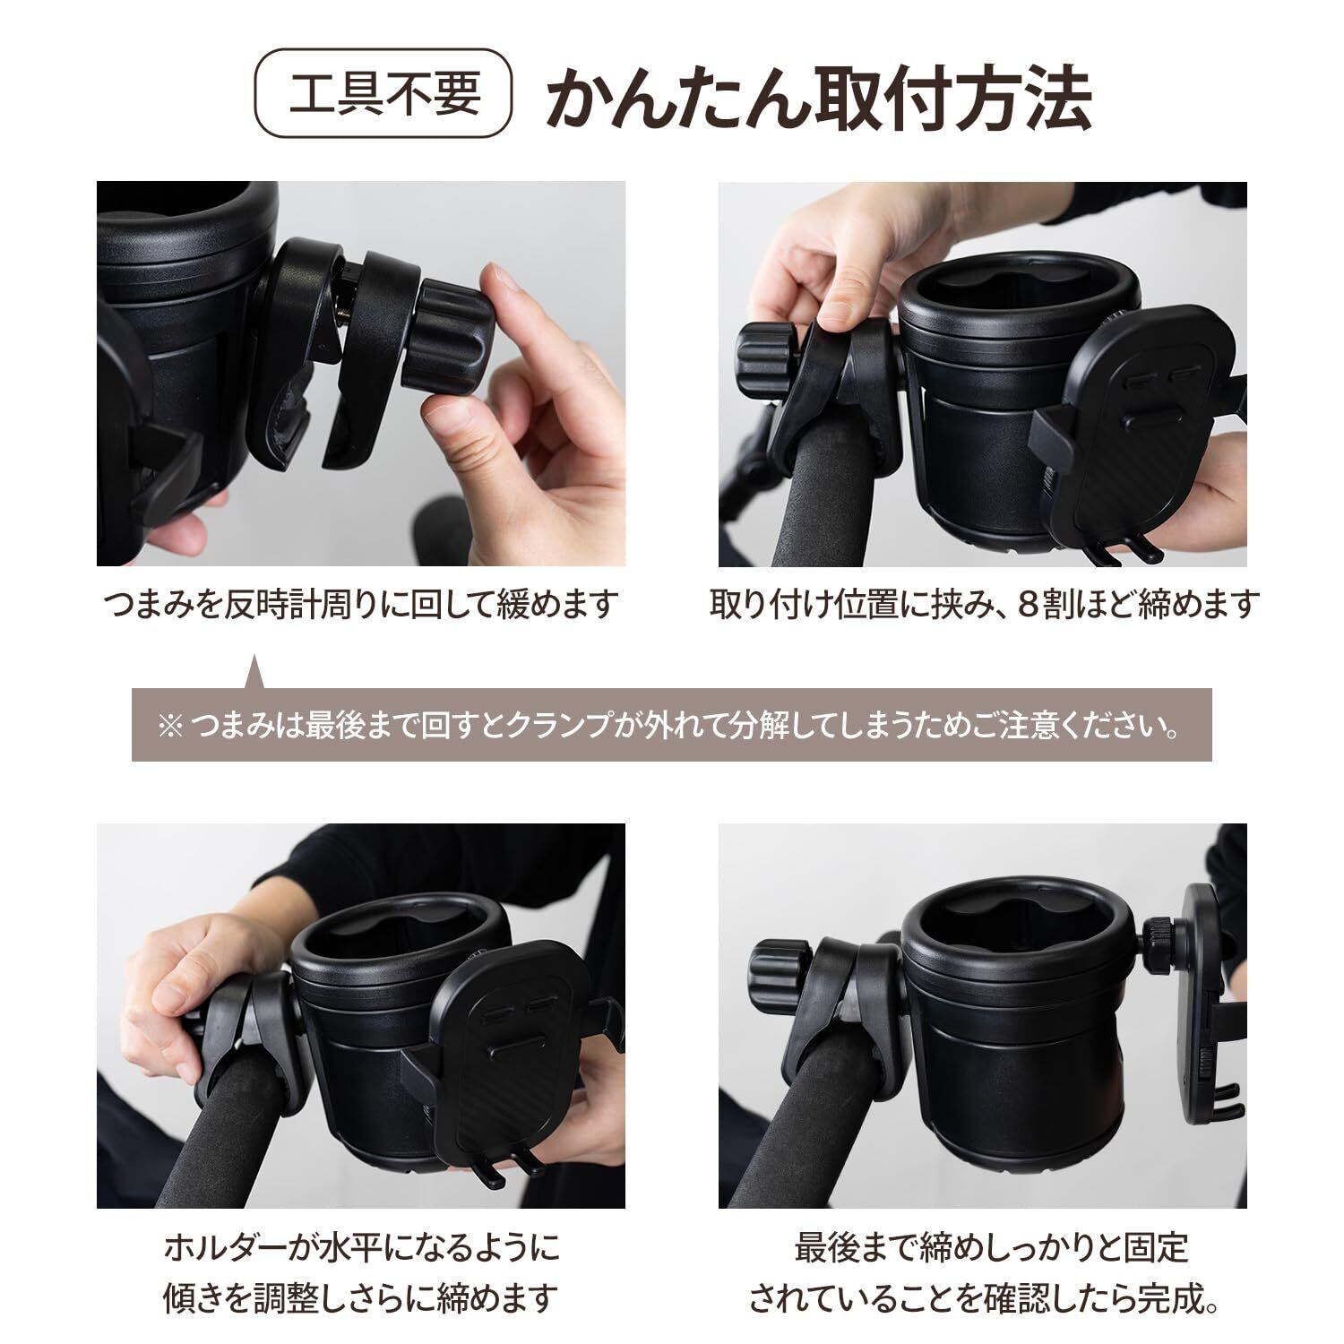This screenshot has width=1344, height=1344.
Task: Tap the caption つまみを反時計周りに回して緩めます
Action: point(361,605)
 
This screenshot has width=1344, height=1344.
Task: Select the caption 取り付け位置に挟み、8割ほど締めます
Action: point(985,605)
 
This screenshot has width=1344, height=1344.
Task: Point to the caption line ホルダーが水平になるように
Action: point(361,1246)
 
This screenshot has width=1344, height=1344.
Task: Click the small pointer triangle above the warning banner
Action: point(254,672)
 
